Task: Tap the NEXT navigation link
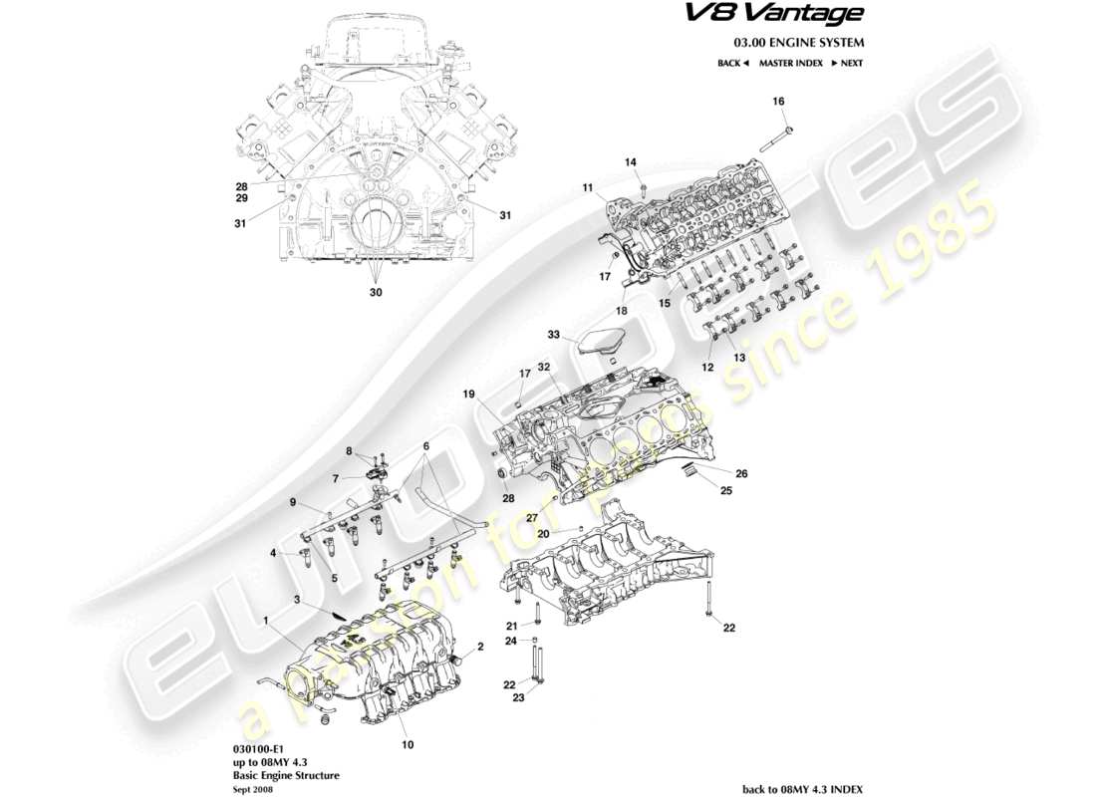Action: pyautogui.click(x=847, y=63)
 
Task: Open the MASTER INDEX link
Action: pyautogui.click(x=790, y=63)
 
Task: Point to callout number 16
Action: pyautogui.click(x=779, y=102)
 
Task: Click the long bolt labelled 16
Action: pyautogui.click(x=776, y=138)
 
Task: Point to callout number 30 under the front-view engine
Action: pyautogui.click(x=376, y=293)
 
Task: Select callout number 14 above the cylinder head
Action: pyautogui.click(x=630, y=161)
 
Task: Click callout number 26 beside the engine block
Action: pyautogui.click(x=740, y=473)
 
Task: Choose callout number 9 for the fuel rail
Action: pyautogui.click(x=294, y=502)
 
